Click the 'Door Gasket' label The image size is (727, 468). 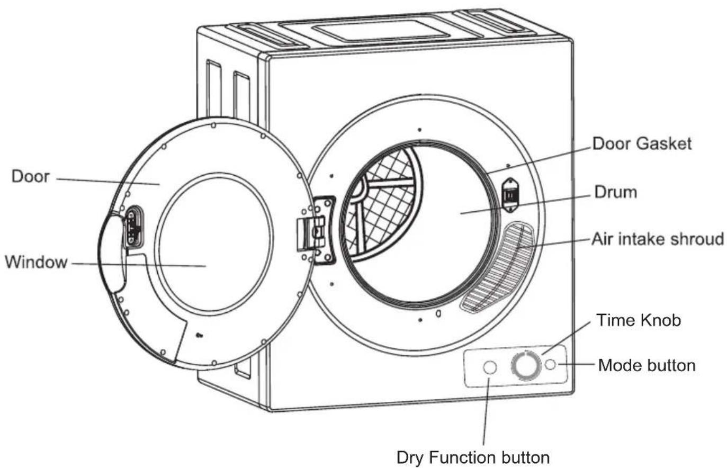[x=642, y=143]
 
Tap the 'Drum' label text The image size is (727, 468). [x=616, y=192]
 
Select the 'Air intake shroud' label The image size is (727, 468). [x=658, y=239]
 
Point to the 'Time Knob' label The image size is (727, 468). [x=639, y=320]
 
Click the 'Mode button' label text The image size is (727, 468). [x=647, y=365]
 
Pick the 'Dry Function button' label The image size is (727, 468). [x=473, y=458]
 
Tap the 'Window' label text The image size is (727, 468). [x=36, y=262]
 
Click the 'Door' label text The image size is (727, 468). [x=31, y=176]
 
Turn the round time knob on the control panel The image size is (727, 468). [x=526, y=366]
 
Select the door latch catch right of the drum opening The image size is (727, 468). [x=510, y=195]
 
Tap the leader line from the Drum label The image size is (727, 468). [x=525, y=204]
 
